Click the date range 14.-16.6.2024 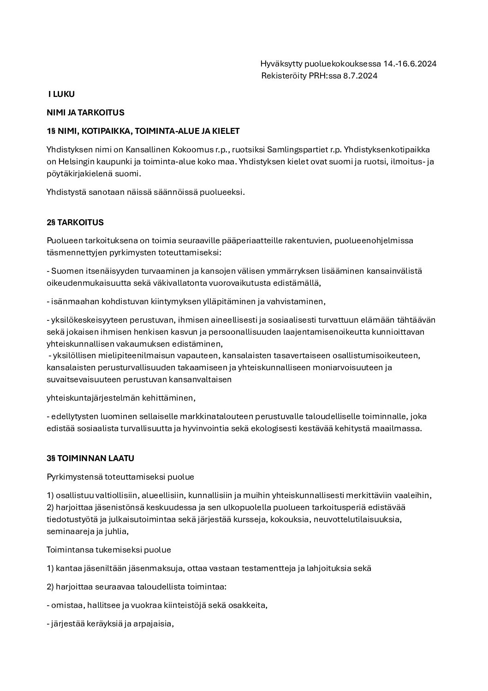pyautogui.click(x=410, y=64)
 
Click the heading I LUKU pyautogui.click(x=61, y=94)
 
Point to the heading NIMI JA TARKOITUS pyautogui.click(x=85, y=112)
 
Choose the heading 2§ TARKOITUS pyautogui.click(x=75, y=222)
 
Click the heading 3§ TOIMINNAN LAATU pyautogui.click(x=90, y=458)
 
